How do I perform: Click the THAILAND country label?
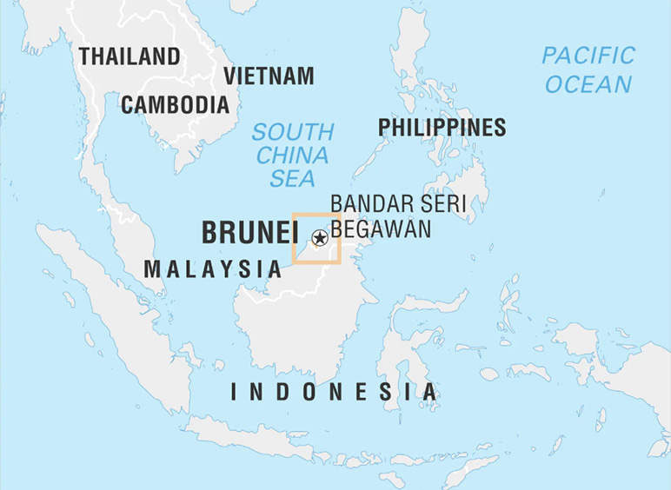130,57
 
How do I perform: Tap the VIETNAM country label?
269,76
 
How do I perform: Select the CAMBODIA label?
175,105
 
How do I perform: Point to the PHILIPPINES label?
442,128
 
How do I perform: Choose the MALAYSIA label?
213,269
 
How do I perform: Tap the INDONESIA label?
335,392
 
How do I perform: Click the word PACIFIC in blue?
588,56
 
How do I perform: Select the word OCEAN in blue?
588,84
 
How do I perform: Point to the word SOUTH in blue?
293,133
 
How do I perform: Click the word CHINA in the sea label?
293,156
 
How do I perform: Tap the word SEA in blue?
293,180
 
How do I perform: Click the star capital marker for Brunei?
319,237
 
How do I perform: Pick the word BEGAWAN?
381,229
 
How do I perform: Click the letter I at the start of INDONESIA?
234,392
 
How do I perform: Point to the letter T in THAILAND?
84,57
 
